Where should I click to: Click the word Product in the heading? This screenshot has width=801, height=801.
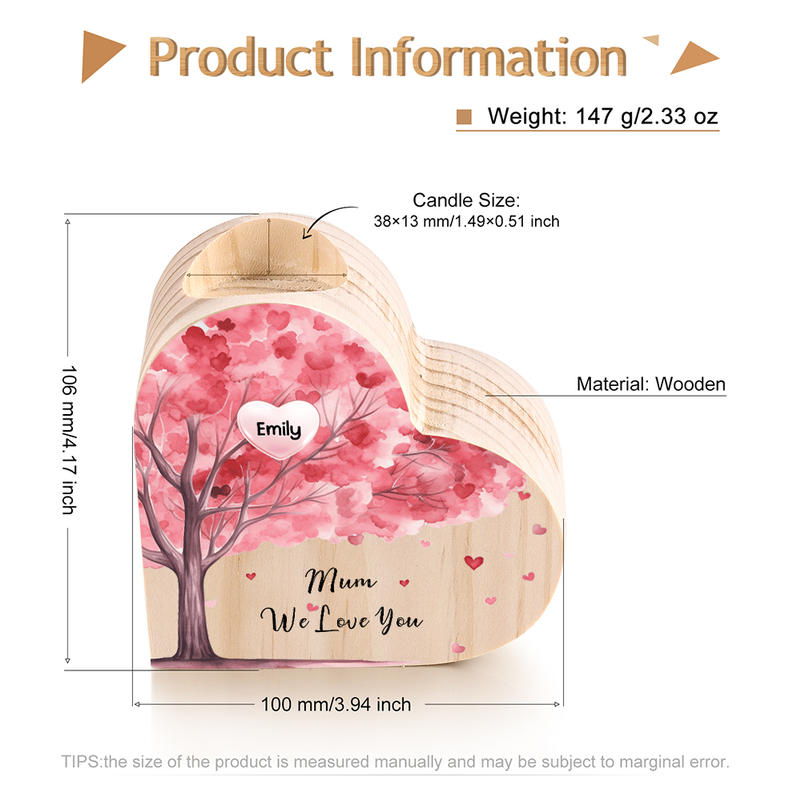pos(240,57)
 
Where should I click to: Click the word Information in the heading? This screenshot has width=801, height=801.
pos(489,57)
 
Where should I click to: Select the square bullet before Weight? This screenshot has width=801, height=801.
pos(464,117)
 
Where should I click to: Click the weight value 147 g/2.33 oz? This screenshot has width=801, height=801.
pos(646,116)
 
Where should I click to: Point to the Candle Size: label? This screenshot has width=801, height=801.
pos(466,200)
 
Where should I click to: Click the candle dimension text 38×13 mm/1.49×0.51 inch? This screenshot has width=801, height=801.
pos(466,221)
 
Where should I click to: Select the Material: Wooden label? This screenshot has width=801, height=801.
pos(650,384)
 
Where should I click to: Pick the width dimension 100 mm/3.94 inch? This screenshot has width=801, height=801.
pos(336,704)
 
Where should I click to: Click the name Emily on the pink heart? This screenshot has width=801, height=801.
pos(279,429)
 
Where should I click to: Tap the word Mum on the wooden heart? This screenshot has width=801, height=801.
pos(340,580)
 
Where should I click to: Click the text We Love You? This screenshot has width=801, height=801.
pos(341,620)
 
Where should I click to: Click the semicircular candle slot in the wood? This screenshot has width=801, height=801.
pos(266,258)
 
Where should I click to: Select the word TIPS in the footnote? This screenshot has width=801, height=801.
pos(81,762)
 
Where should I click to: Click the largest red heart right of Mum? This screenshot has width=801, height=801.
pos(473,562)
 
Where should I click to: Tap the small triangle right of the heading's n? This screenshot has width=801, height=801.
pos(651,40)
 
